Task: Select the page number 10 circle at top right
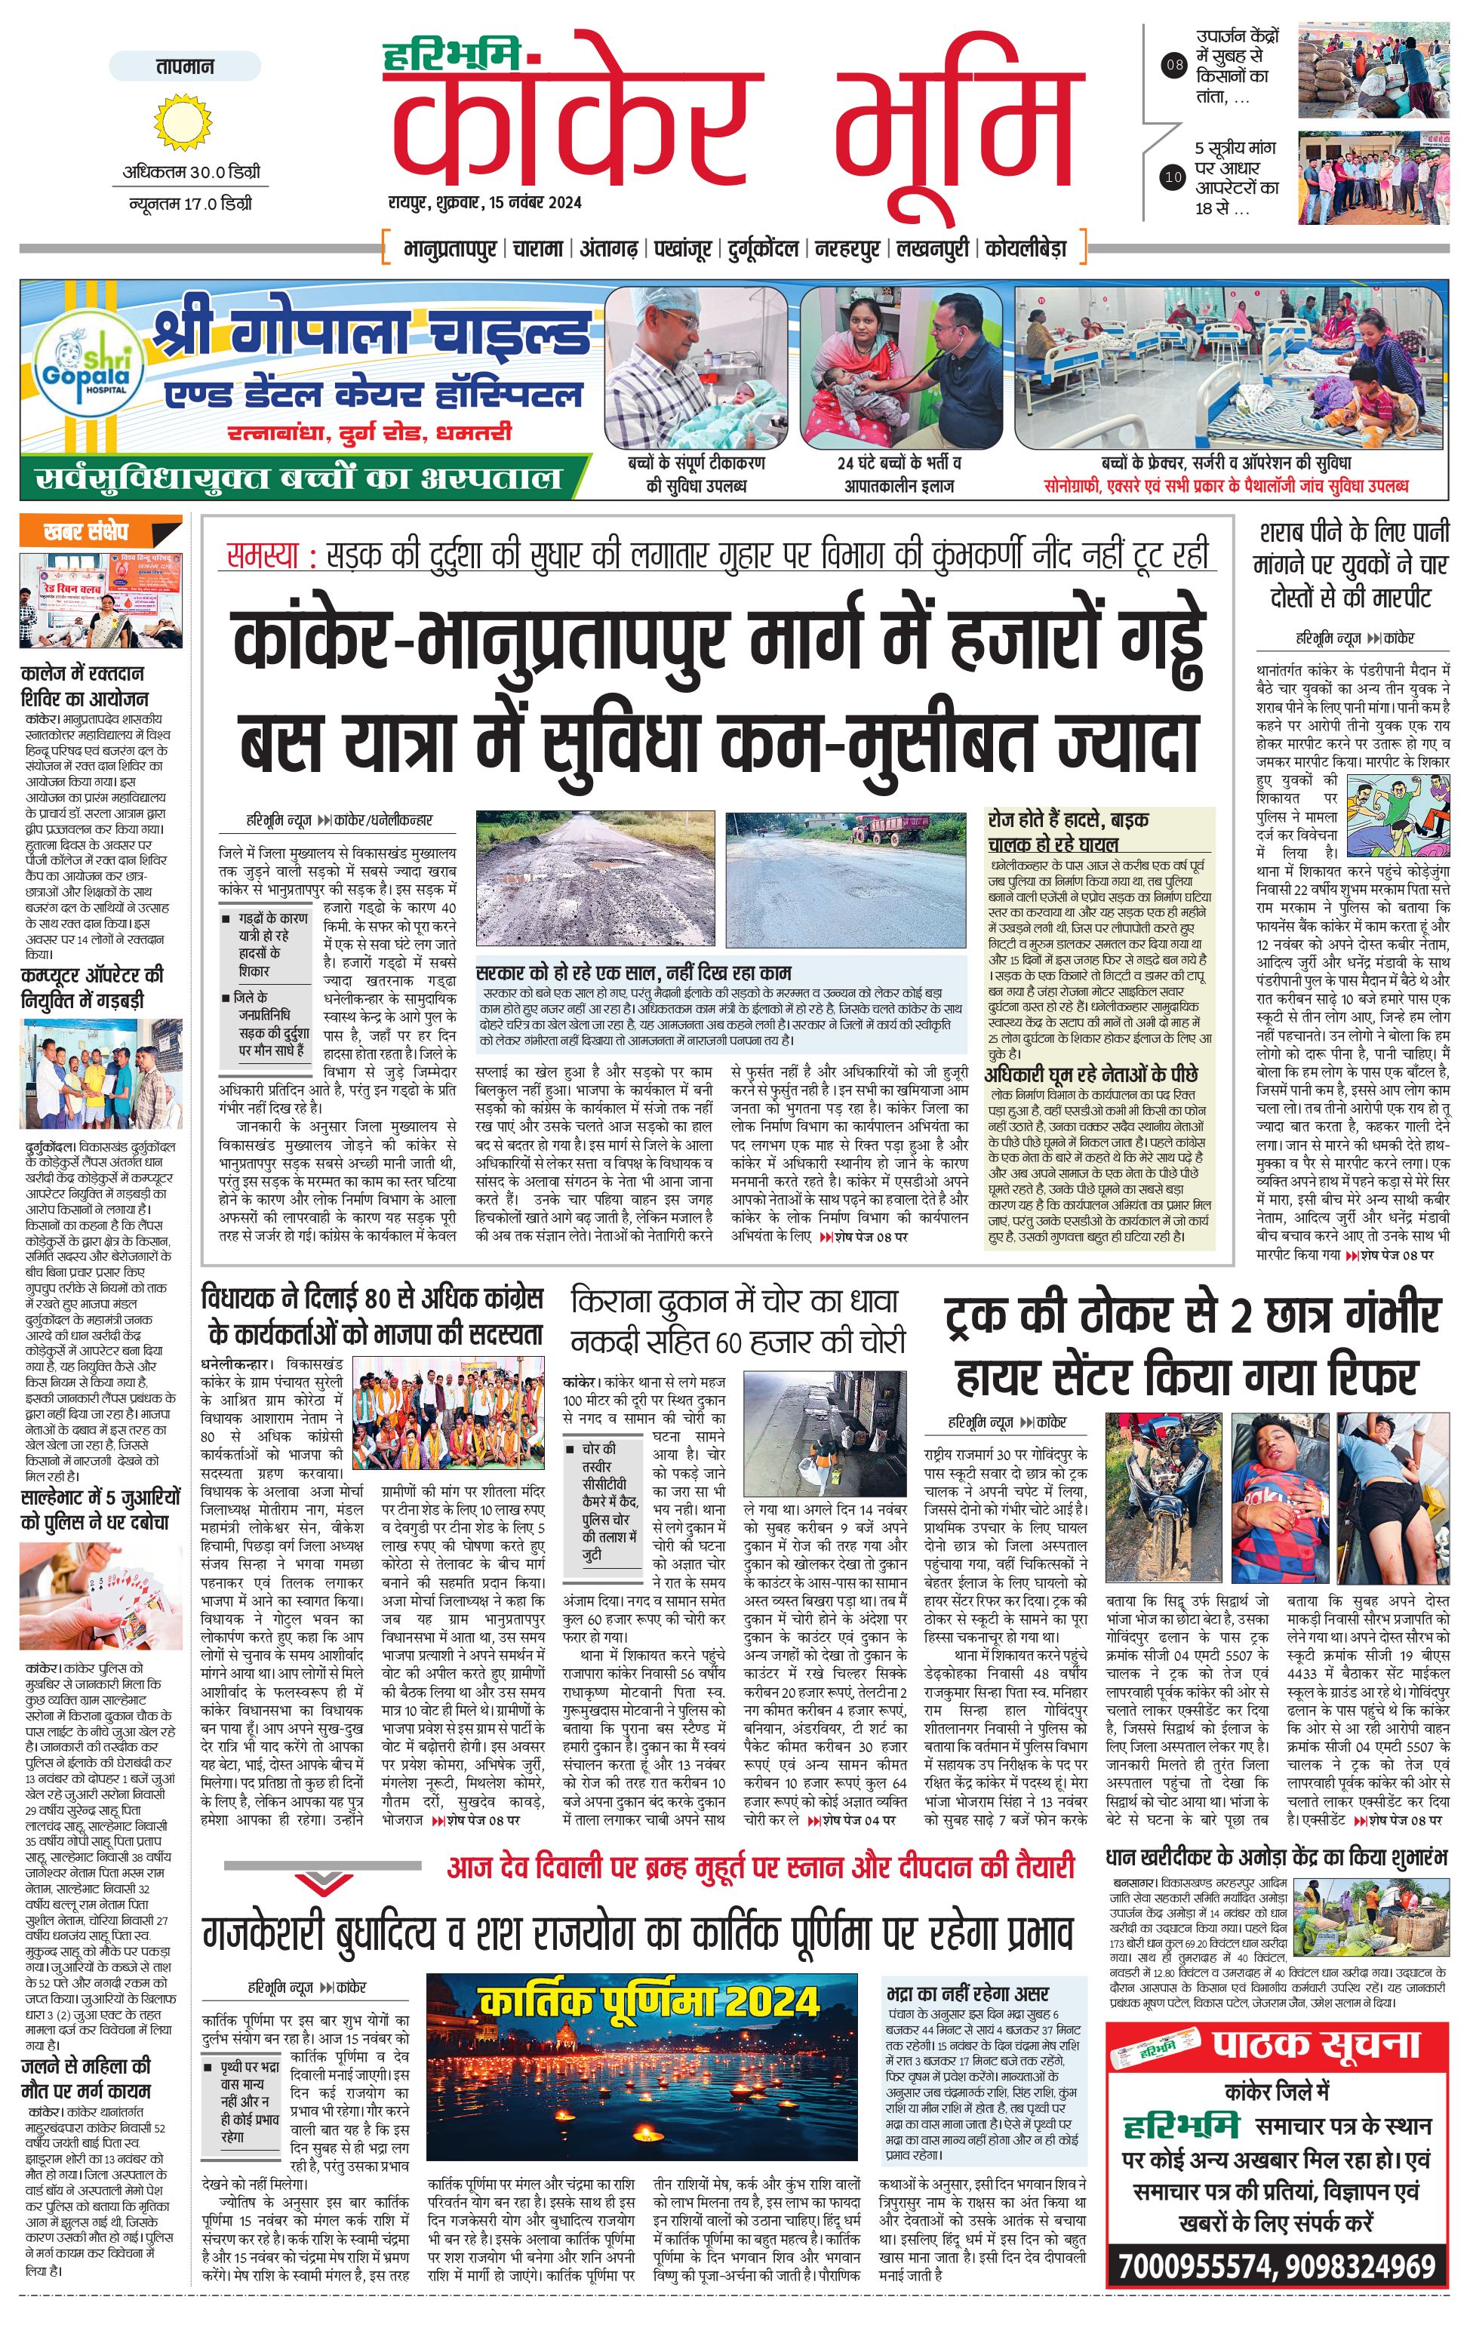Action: click(x=1173, y=177)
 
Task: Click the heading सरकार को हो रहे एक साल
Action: click(x=634, y=972)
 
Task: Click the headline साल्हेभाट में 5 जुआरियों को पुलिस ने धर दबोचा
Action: click(x=100, y=1509)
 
